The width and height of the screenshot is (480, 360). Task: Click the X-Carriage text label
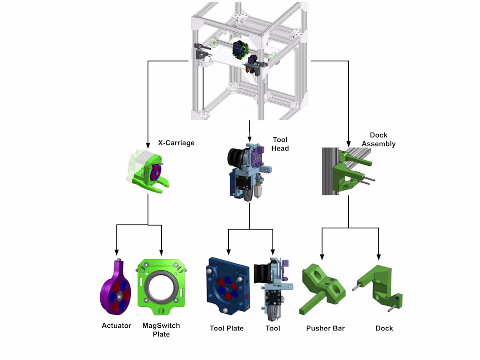176,143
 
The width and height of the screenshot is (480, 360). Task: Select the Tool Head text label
280,144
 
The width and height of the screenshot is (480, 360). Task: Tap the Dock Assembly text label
378,140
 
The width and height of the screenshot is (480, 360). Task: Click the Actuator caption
117,326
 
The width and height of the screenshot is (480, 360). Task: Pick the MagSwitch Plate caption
161,330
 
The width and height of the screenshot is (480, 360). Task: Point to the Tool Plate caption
226,328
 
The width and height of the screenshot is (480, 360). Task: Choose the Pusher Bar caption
325,328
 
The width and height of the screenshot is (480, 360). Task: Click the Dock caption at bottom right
384,328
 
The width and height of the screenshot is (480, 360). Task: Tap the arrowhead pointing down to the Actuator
117,253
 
